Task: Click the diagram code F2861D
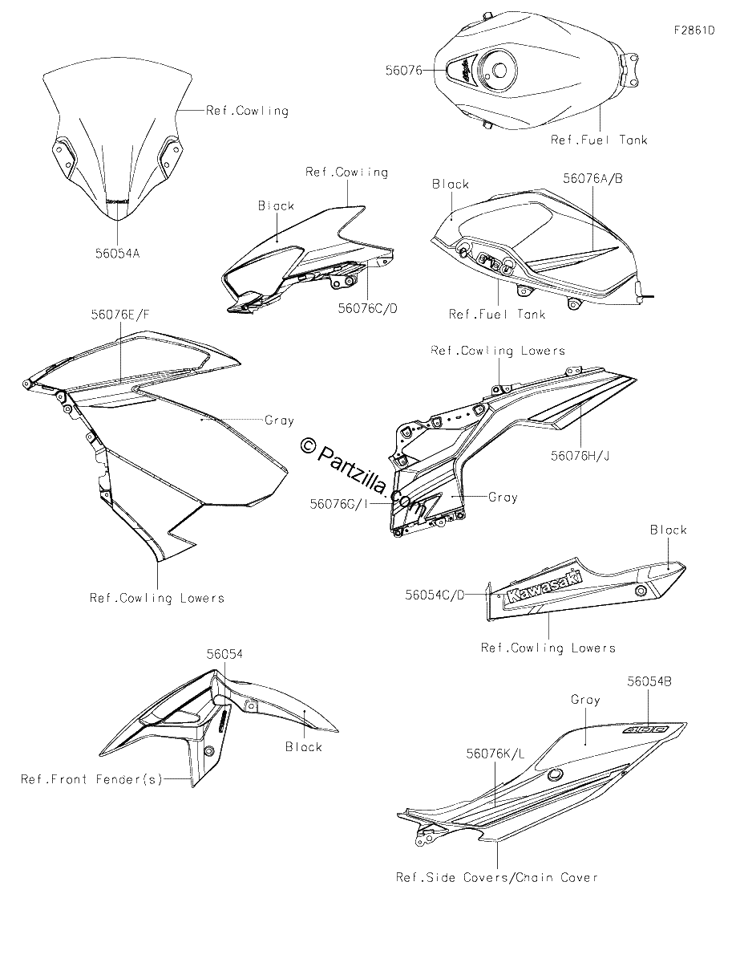(x=694, y=30)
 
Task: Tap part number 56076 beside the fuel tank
(x=403, y=70)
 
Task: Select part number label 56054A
(x=117, y=254)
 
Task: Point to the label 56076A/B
(x=592, y=178)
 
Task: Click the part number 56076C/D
(x=367, y=308)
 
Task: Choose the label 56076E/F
(x=120, y=315)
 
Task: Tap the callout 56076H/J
(x=580, y=455)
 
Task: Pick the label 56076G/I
(x=338, y=504)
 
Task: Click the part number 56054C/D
(x=435, y=595)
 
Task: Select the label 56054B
(x=649, y=681)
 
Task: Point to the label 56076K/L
(x=495, y=754)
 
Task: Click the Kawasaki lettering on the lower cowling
(x=544, y=587)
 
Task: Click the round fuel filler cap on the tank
(x=498, y=71)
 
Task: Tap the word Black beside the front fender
(x=304, y=747)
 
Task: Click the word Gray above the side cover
(x=585, y=700)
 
